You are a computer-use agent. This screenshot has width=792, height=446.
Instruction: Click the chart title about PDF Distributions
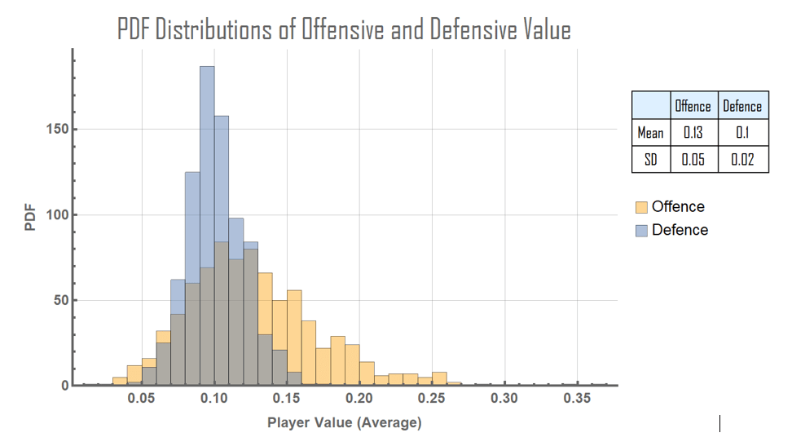point(343,30)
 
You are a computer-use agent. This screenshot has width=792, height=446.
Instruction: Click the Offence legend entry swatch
point(641,207)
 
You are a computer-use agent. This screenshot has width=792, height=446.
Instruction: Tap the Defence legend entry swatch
point(641,230)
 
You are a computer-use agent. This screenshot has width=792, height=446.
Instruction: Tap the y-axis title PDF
point(31,219)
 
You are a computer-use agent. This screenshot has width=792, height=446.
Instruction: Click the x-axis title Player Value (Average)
point(345,423)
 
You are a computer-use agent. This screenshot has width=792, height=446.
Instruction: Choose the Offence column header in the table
point(693,106)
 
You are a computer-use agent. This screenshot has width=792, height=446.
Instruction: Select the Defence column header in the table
point(742,106)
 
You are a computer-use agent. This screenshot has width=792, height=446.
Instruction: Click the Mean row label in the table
point(650,132)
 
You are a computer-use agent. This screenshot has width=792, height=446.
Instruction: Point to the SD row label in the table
point(650,159)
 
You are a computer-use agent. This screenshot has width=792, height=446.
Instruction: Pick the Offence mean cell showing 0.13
point(693,132)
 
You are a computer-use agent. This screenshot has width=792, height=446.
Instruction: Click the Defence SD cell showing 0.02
point(742,159)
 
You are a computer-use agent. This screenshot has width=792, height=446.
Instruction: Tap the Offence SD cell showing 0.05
point(693,159)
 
